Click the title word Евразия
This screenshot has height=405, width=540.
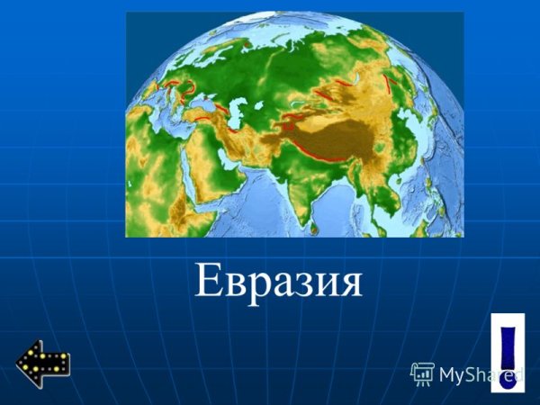[x=278, y=283]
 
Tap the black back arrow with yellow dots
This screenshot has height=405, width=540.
[x=42, y=364]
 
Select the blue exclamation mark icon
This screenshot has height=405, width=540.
[x=508, y=355]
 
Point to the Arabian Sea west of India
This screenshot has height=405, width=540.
[x=261, y=193]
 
